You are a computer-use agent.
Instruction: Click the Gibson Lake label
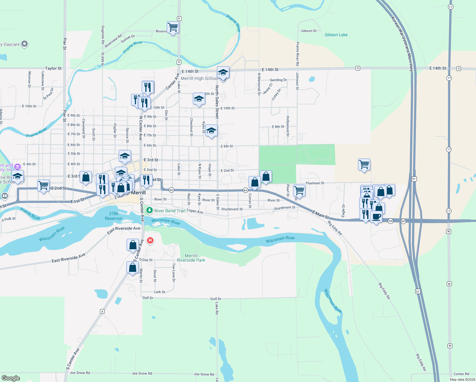(336, 35)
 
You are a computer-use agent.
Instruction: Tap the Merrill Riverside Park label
(191, 258)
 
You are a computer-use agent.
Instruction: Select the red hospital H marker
(150, 241)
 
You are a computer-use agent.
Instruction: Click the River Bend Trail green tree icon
(149, 210)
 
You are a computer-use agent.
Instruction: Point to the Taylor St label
(53, 68)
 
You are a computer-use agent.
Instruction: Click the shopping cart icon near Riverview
(173, 27)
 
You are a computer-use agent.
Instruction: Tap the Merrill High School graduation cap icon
(223, 73)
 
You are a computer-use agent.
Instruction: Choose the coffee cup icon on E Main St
(376, 216)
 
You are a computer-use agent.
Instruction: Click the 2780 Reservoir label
(114, 216)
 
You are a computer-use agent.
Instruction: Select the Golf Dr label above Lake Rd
(216, 299)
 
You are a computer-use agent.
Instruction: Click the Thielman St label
(315, 183)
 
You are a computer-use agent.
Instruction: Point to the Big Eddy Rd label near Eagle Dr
(334, 227)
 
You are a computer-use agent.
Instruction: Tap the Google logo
(11, 378)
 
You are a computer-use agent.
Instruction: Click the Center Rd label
(461, 374)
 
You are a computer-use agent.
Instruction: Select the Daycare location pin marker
(25, 44)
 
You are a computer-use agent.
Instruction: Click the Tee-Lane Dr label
(174, 272)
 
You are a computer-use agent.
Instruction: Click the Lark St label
(159, 292)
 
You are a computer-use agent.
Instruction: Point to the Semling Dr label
(278, 80)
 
